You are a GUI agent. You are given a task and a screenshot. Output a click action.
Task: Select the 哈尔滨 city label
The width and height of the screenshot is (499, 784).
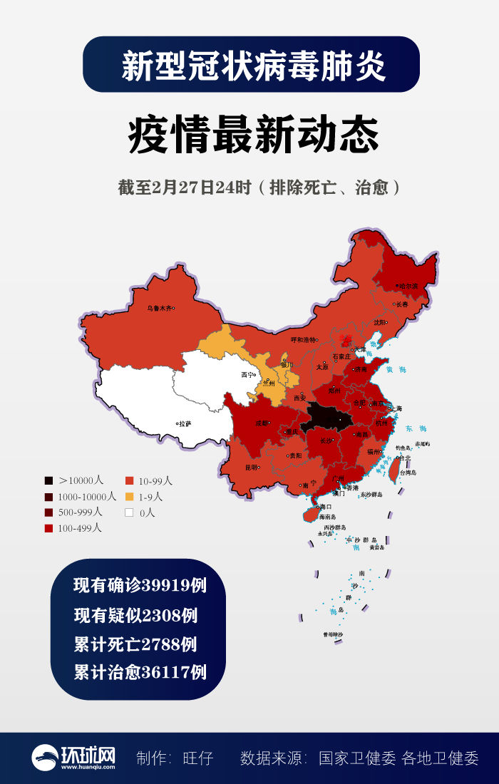pyautogui.click(x=408, y=286)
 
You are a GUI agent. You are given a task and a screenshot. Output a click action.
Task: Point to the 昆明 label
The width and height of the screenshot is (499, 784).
pyautogui.click(x=251, y=468)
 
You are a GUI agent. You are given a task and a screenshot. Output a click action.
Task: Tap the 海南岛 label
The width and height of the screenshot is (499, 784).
pyautogui.click(x=327, y=517)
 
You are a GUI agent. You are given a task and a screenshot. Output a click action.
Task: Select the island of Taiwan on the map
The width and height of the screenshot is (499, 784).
pyautogui.click(x=392, y=467)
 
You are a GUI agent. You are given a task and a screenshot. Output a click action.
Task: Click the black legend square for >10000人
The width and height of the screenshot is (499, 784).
pyautogui.click(x=48, y=481)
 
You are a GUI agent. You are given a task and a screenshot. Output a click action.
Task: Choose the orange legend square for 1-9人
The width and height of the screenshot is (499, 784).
pyautogui.click(x=129, y=497)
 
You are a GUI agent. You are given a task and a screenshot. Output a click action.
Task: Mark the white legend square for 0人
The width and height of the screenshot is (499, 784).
pyautogui.click(x=129, y=512)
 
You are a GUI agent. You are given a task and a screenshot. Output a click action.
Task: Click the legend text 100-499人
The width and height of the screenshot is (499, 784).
pyautogui.click(x=80, y=528)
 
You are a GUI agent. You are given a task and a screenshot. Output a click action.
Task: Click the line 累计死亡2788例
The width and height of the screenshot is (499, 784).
pyautogui.click(x=135, y=644)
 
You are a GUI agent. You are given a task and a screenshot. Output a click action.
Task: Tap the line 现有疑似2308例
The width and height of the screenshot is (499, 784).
pyautogui.click(x=135, y=615)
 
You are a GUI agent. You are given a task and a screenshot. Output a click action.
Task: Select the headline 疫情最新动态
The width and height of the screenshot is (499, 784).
pyautogui.click(x=253, y=135)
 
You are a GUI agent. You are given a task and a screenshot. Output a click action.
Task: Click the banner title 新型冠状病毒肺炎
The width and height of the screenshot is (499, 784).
pyautogui.click(x=253, y=66)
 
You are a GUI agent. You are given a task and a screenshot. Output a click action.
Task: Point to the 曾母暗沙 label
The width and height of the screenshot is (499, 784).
pyautogui.click(x=333, y=634)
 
